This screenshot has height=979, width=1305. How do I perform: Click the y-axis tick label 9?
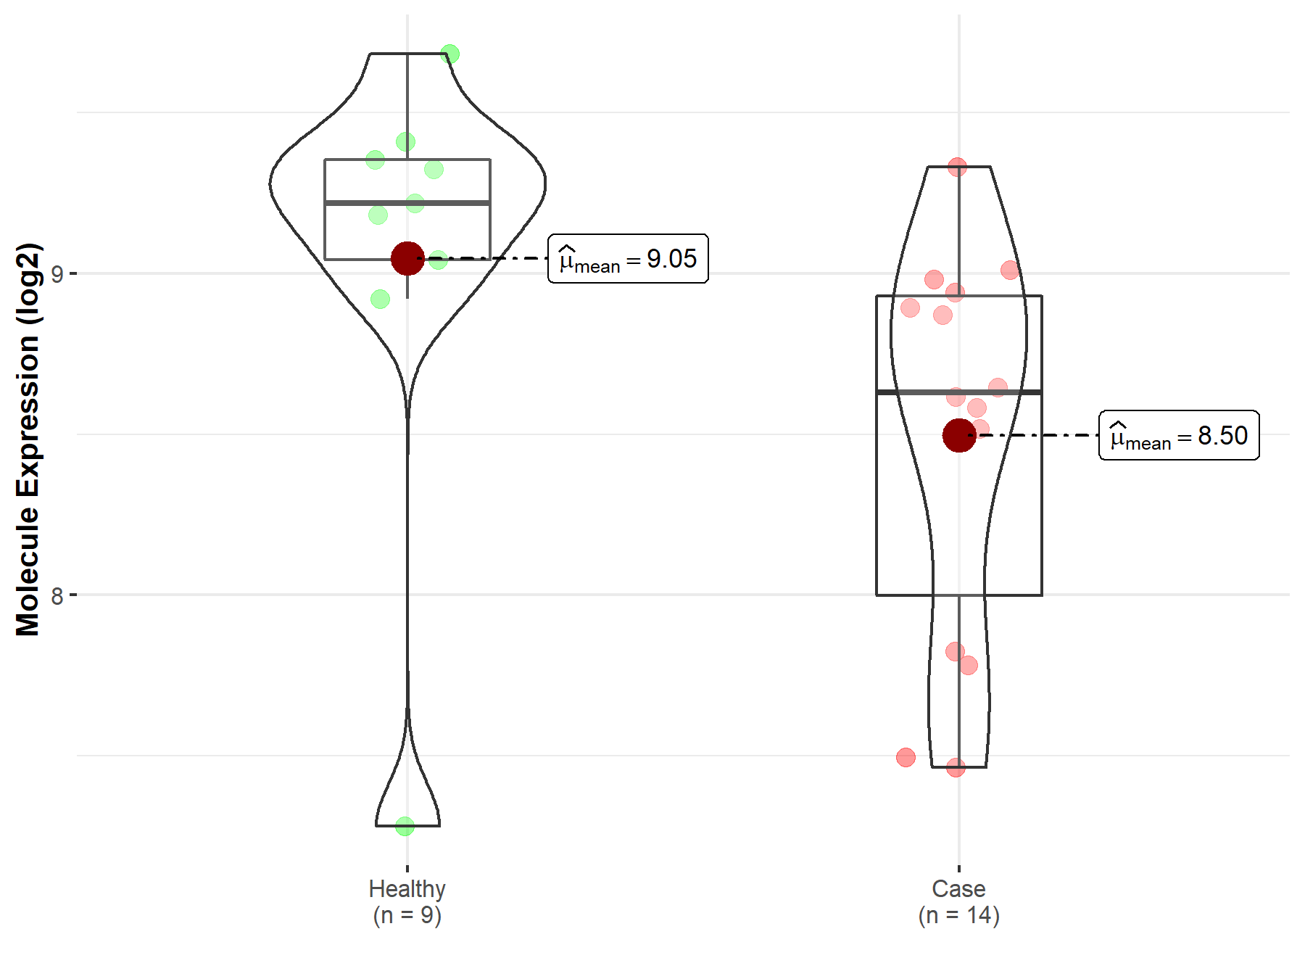point(57,274)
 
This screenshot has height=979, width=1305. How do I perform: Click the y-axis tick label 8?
point(57,596)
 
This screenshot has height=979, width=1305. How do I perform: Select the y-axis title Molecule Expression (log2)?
point(28,439)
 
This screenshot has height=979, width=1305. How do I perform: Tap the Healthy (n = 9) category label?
point(407,901)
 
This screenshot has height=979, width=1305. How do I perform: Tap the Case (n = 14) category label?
point(959,901)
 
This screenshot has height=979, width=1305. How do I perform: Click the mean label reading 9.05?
point(628,259)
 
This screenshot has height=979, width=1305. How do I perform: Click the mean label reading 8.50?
point(1179,435)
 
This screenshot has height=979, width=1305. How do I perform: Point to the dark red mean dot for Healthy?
point(407,258)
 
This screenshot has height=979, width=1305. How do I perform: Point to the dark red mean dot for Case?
point(959,435)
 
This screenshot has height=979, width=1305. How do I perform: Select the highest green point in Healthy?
point(449,54)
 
